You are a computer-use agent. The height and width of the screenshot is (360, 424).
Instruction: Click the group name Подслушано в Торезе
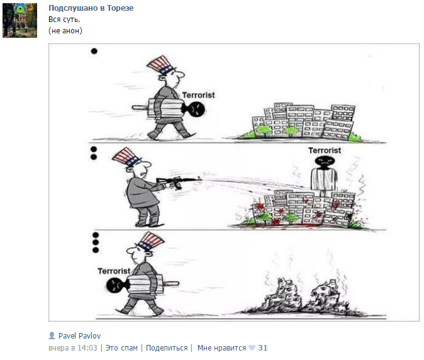pos(91,8)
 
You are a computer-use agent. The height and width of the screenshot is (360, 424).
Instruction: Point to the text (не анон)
pos(65,30)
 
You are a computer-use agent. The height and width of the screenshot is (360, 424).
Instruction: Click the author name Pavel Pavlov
pos(79,335)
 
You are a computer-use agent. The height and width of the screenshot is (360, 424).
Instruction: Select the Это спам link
pos(121,347)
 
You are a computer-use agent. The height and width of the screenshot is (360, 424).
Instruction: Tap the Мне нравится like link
pos(221,347)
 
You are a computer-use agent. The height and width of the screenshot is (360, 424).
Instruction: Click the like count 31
pos(263,347)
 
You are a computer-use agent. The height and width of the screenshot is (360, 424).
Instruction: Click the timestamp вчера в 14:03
pos(73,347)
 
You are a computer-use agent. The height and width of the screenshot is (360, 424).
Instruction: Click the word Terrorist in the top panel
pos(198,95)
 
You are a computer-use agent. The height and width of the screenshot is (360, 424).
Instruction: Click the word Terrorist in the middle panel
pos(325,150)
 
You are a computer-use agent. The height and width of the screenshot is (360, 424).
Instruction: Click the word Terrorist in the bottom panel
pos(114,271)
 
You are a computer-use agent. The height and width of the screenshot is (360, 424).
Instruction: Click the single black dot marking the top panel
pos(94,51)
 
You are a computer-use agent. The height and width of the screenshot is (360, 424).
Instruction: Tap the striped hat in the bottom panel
pos(147,242)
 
